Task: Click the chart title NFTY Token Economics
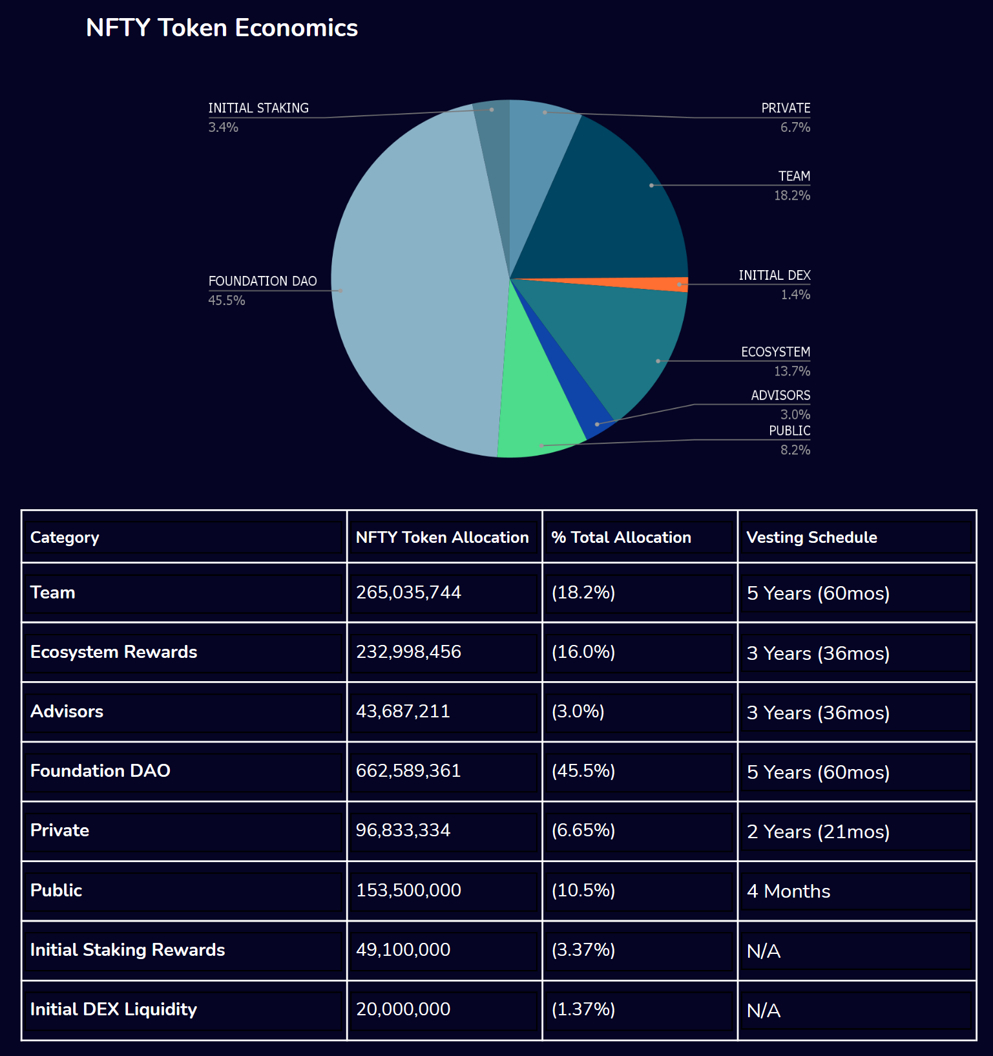coord(222,28)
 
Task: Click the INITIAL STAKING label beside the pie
coord(258,108)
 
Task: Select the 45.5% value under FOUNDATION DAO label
coord(227,301)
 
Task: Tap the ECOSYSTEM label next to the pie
coord(775,352)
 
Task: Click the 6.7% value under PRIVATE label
coord(795,127)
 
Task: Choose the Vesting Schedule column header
coord(811,537)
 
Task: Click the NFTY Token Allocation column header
coord(442,537)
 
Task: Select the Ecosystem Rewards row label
coord(114,651)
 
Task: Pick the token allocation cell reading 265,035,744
coord(408,592)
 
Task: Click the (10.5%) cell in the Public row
coord(583,890)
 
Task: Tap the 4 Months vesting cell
coord(788,891)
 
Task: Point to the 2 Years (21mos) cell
coord(818,831)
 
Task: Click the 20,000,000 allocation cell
coord(403,1009)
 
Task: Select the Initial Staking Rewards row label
coord(127,949)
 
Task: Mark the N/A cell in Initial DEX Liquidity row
coord(764,1010)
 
